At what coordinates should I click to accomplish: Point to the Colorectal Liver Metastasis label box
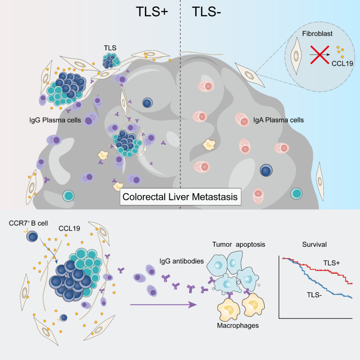tap(180, 197)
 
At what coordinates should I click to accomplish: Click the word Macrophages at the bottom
tap(238, 325)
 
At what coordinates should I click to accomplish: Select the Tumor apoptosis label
tap(239, 245)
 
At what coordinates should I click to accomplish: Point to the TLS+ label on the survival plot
tap(332, 263)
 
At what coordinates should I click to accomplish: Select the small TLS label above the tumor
tap(110, 48)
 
